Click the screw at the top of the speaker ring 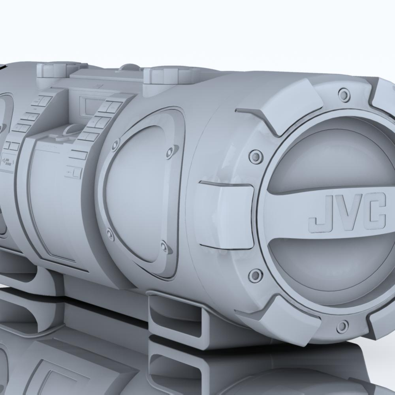tap(344, 94)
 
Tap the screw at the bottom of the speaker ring tap(342, 326)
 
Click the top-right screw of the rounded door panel tap(170, 151)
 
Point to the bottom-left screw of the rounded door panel tap(110, 236)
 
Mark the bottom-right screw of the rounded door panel tap(164, 247)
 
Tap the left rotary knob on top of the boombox tap(52, 70)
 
